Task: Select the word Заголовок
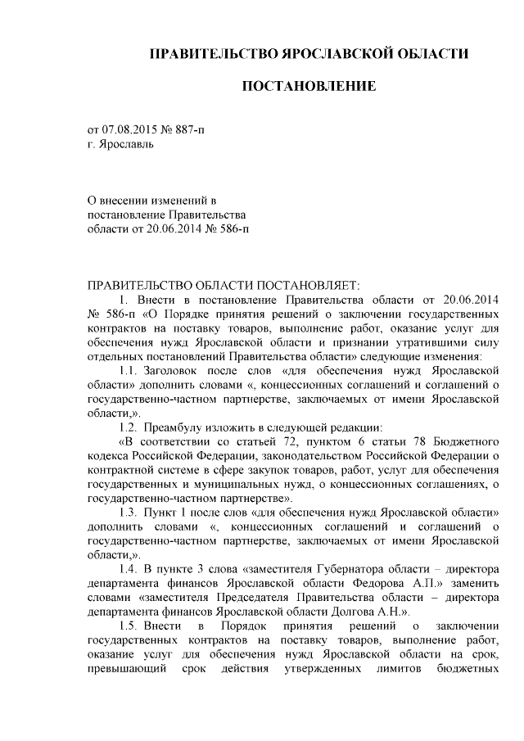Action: pyautogui.click(x=172, y=371)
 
